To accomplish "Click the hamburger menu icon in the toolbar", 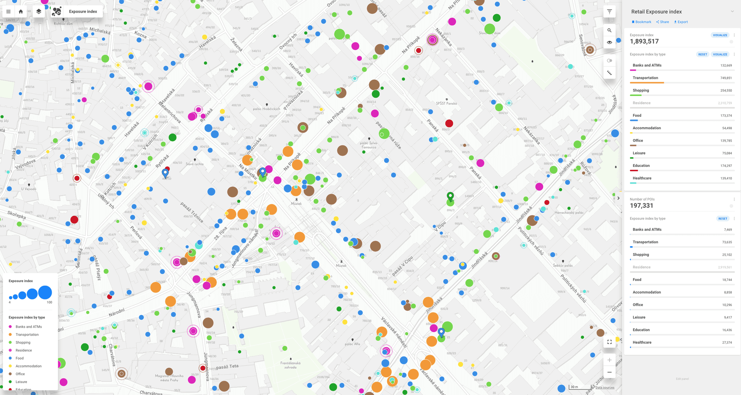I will pos(8,12).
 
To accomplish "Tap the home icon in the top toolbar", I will pos(21,12).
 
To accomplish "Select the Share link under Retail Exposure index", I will pos(662,22).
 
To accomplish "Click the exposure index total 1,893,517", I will pos(644,42).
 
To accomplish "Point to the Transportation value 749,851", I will pos(726,78).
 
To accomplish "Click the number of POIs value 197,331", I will pos(641,206).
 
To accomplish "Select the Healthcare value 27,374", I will pos(727,343).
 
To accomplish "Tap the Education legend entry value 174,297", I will pos(726,166).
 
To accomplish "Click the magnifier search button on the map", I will pos(609,30).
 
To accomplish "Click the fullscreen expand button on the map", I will pos(609,342).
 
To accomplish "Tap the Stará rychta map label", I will pos(195,164).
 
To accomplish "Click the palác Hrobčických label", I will pos(266,109).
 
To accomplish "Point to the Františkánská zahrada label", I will pos(290,365).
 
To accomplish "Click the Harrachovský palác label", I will pos(569,213).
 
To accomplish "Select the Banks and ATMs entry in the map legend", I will pos(29,327).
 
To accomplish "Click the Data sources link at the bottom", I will pos(605,387).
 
